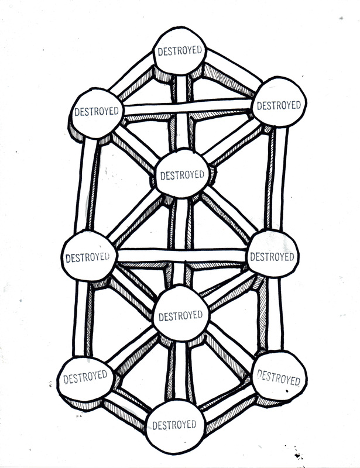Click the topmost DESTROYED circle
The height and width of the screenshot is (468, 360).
(180, 51)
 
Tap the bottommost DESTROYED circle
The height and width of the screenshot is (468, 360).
(174, 423)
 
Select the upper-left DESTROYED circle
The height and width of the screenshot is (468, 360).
(97, 111)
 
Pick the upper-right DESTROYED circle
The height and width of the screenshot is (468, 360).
(279, 105)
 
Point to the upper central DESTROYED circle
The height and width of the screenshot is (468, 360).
(182, 174)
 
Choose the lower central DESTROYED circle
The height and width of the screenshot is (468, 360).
(180, 315)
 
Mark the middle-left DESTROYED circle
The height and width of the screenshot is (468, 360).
(88, 256)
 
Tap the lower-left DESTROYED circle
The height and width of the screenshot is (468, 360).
(84, 374)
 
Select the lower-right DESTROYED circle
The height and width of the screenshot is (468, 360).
(279, 377)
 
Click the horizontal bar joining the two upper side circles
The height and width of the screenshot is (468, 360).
(187, 107)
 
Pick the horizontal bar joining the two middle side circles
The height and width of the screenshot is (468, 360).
(181, 256)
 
